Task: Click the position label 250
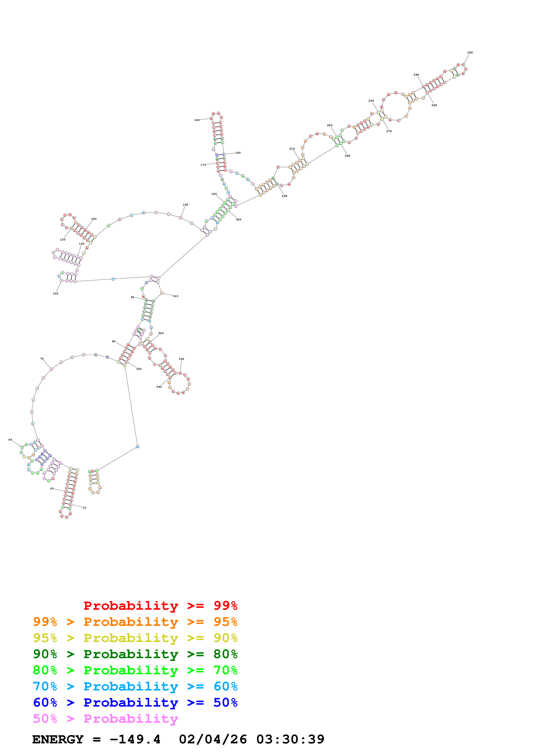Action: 470,53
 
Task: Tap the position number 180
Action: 197,120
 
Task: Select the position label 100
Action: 55,294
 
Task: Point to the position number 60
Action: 10,440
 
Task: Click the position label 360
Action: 139,369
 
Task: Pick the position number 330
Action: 181,359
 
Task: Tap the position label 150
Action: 186,204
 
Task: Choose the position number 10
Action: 84,508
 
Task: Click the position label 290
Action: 284,196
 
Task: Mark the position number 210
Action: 292,149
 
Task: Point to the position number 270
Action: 389,131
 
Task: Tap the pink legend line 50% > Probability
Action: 105,719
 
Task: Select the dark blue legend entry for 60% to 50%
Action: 135,703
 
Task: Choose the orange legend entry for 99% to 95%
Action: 135,622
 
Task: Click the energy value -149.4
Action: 135,739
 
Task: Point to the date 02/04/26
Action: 213,739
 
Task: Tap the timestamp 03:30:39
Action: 290,739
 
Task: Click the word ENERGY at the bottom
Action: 58,739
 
